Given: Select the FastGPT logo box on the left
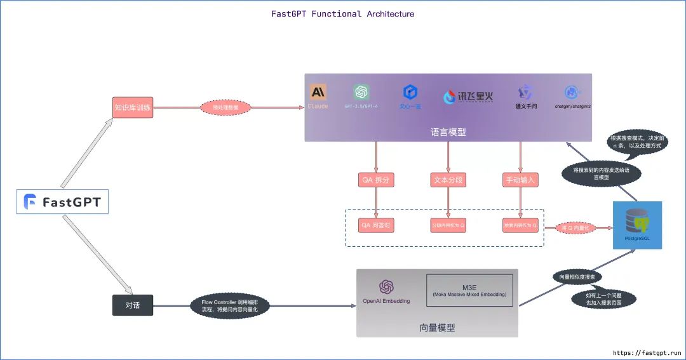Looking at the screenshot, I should point(62,202).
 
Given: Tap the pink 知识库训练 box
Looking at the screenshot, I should point(133,107).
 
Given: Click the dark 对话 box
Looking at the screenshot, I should point(133,305).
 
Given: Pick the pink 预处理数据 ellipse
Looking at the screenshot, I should point(226,108).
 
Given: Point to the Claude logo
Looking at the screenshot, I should point(318,92).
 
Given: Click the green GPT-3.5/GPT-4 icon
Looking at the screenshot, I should point(361,92).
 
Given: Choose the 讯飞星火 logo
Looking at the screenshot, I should point(468,97).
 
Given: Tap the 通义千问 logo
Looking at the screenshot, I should point(526,93).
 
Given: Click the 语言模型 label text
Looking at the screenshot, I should point(448,132).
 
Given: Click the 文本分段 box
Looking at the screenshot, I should point(448,180).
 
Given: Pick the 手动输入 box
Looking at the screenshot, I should point(521,180).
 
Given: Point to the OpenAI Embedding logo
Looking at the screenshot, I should point(386,288).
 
